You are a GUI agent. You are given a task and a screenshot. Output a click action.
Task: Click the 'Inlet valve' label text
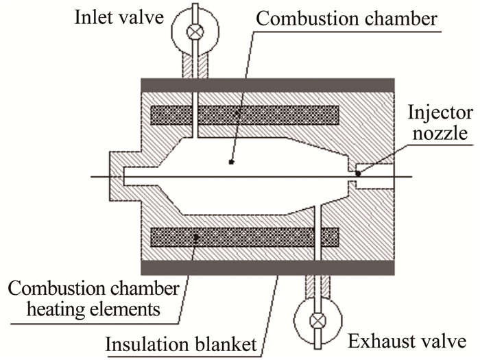point(121,16)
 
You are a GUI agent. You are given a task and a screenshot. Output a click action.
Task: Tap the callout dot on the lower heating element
point(197,238)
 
